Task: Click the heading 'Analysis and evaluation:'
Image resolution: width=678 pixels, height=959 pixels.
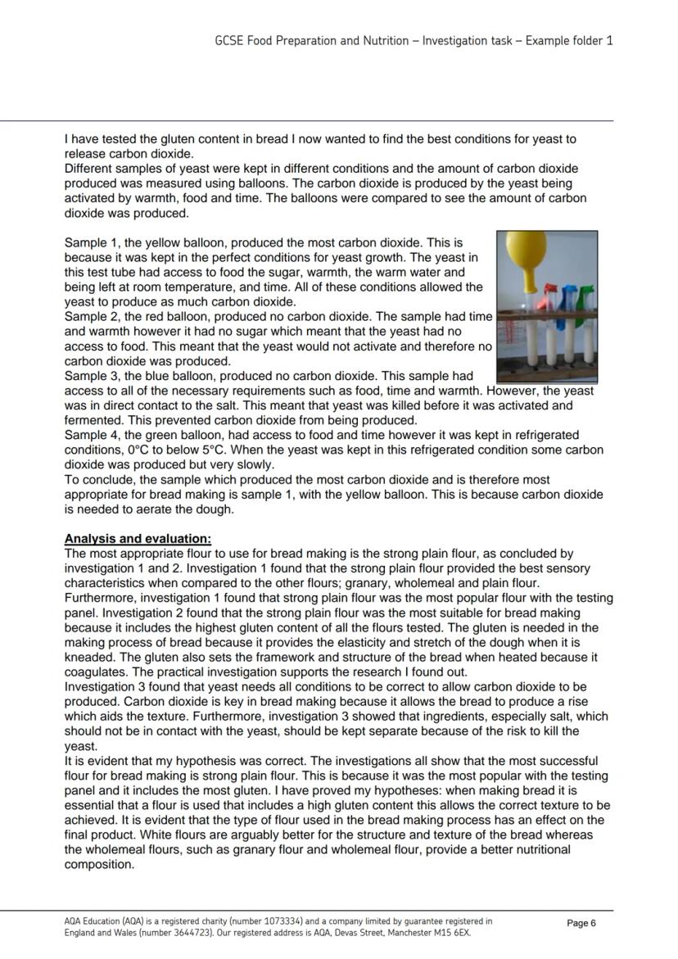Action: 138,539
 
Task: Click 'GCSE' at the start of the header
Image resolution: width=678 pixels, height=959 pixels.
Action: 228,40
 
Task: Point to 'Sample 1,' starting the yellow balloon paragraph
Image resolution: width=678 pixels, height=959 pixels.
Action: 90,243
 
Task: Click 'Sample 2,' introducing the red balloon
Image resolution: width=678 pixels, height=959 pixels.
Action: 90,317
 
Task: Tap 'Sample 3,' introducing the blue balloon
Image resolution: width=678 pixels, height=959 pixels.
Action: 90,376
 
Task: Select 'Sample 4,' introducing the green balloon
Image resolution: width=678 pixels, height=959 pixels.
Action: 90,435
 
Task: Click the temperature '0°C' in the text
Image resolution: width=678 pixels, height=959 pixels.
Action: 138,450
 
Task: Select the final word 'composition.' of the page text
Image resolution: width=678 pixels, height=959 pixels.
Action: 99,864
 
